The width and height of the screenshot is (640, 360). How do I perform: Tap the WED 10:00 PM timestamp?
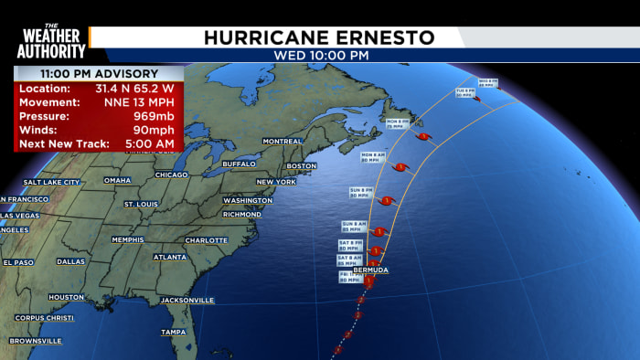[x=320, y=56]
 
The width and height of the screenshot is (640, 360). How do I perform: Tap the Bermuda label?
[x=369, y=271]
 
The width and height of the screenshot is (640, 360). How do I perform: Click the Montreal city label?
[x=282, y=141]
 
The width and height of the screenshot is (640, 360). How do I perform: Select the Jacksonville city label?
[x=187, y=300]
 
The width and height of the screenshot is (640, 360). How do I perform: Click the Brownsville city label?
[x=37, y=341]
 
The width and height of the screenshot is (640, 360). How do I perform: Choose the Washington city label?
[x=247, y=200]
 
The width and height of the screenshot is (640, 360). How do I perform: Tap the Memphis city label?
[x=128, y=239]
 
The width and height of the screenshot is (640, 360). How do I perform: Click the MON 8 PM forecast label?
[x=396, y=122]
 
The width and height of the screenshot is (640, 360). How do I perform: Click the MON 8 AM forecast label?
[x=373, y=156]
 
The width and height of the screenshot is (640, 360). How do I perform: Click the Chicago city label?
[x=171, y=175]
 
